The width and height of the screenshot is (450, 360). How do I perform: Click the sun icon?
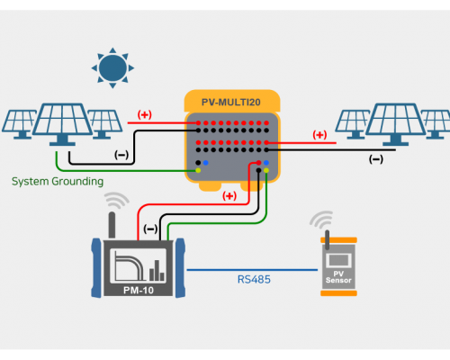tap(112, 68)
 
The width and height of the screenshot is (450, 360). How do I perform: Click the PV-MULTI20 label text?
tap(231, 103)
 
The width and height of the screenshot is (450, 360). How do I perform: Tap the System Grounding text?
tap(58, 182)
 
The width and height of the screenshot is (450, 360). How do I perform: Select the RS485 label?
tap(254, 280)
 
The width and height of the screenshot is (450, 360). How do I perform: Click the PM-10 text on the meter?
tap(139, 290)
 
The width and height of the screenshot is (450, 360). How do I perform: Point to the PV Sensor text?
tap(338, 277)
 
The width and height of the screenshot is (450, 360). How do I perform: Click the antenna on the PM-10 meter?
tap(112, 225)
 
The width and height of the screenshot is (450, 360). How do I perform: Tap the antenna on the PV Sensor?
tap(327, 239)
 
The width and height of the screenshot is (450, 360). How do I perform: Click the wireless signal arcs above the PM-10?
tap(117, 200)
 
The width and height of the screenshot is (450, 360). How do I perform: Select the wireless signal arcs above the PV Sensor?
tap(321, 220)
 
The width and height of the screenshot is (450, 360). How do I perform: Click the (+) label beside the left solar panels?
tap(145, 114)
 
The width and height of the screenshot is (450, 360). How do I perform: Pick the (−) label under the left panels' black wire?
tap(121, 155)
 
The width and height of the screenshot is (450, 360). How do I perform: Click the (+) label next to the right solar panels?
tap(319, 135)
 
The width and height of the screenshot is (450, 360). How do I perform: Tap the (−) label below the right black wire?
tap(376, 159)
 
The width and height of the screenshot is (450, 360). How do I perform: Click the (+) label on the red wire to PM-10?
tap(229, 196)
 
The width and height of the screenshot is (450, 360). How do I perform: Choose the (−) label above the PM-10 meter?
tap(150, 229)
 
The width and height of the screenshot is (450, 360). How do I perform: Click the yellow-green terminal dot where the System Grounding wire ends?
tap(198, 170)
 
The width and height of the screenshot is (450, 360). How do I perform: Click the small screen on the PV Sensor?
tap(338, 260)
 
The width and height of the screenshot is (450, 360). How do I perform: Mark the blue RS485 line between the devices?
tap(252, 270)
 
